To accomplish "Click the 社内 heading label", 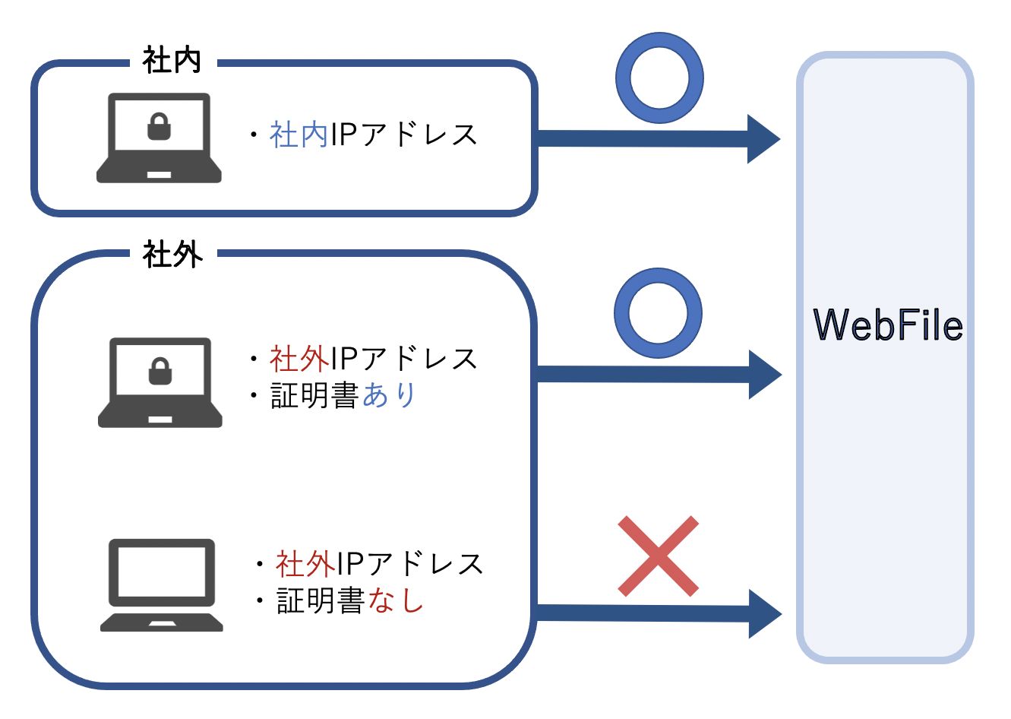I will click(x=172, y=61).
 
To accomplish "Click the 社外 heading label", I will click(x=172, y=255).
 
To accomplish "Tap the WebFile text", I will click(x=887, y=325).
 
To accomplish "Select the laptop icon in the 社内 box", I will click(x=159, y=138).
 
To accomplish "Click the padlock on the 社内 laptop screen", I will click(x=159, y=127).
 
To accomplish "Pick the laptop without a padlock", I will click(x=161, y=585).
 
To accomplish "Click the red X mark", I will click(x=658, y=556).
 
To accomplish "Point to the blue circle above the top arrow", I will click(x=659, y=78).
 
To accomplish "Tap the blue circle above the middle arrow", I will click(x=658, y=313).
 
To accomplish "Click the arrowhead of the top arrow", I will click(x=762, y=139).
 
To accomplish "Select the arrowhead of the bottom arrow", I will click(x=763, y=614).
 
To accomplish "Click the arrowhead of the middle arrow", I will click(x=763, y=375).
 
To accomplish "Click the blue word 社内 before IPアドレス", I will click(x=299, y=135).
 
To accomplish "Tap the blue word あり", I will click(x=389, y=395).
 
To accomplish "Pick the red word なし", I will click(x=395, y=601).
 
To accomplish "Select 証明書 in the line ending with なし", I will click(x=321, y=601).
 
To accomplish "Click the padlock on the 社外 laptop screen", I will click(x=160, y=372).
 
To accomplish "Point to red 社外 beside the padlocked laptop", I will click(x=299, y=359).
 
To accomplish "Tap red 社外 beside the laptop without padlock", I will click(x=305, y=564).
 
